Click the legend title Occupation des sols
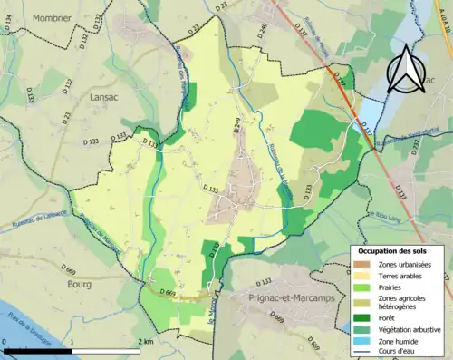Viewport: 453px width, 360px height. (399, 249)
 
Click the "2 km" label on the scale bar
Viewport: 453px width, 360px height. (145, 342)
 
